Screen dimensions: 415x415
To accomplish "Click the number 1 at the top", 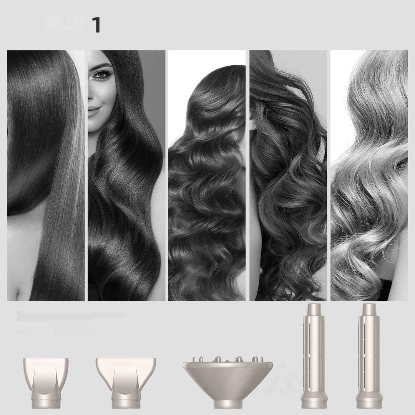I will pos(96,25).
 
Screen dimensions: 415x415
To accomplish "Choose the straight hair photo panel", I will pos(46,175).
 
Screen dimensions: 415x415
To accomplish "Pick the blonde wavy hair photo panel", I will pos(369,175).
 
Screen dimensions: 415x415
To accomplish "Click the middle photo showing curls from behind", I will pos(206,175).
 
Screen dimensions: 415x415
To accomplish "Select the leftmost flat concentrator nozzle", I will pos(46,378).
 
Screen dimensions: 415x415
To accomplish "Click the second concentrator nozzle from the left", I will pos(126,378).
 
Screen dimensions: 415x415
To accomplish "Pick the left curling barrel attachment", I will pos(312,355).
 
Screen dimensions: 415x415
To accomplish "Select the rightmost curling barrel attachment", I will pos(367,355).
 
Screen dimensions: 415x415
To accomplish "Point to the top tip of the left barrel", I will pos(312,307).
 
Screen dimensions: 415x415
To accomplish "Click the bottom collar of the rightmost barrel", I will pos(367,402).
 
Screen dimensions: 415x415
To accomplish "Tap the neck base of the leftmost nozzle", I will pos(46,403).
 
